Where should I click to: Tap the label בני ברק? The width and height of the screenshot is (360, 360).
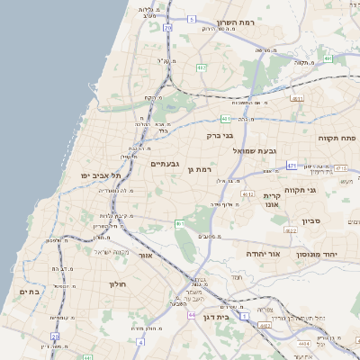(220, 136)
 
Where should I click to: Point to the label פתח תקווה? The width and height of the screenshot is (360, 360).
(337, 139)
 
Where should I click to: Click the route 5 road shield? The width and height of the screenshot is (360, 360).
(191, 18)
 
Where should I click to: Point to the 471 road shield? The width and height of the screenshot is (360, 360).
(292, 166)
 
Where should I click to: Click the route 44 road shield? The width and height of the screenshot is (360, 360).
(192, 315)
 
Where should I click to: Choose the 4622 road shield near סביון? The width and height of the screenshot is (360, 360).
(290, 231)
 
